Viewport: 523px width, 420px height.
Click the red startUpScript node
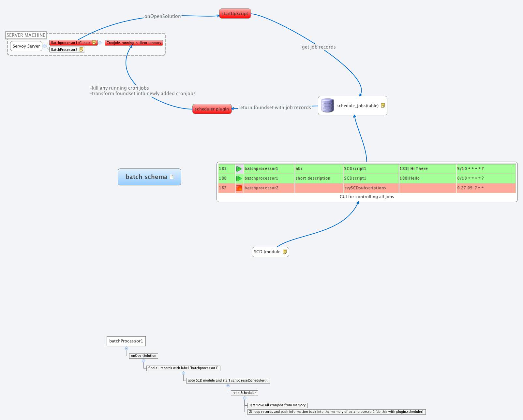235,14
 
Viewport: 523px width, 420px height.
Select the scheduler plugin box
212,109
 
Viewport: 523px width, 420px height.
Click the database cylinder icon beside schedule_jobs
327,105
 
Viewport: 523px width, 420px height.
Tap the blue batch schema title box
149,177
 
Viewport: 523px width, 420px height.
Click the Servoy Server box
26,46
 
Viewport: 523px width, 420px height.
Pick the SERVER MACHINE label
26,35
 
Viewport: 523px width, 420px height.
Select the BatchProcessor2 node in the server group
64,50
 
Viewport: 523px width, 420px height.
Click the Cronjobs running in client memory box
134,43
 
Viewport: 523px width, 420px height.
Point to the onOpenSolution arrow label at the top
162,16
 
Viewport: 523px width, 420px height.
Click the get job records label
319,47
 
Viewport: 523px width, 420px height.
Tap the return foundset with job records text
275,108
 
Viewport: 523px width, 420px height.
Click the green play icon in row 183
239,169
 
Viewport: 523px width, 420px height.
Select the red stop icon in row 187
239,188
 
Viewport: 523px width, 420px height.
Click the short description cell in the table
313,178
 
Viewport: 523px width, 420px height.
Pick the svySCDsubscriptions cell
365,188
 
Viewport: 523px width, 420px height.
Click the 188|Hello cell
410,178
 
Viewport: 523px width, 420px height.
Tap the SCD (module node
267,252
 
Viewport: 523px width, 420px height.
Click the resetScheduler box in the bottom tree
244,393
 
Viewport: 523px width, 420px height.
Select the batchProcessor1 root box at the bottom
126,341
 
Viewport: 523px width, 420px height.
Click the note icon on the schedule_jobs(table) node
383,105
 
